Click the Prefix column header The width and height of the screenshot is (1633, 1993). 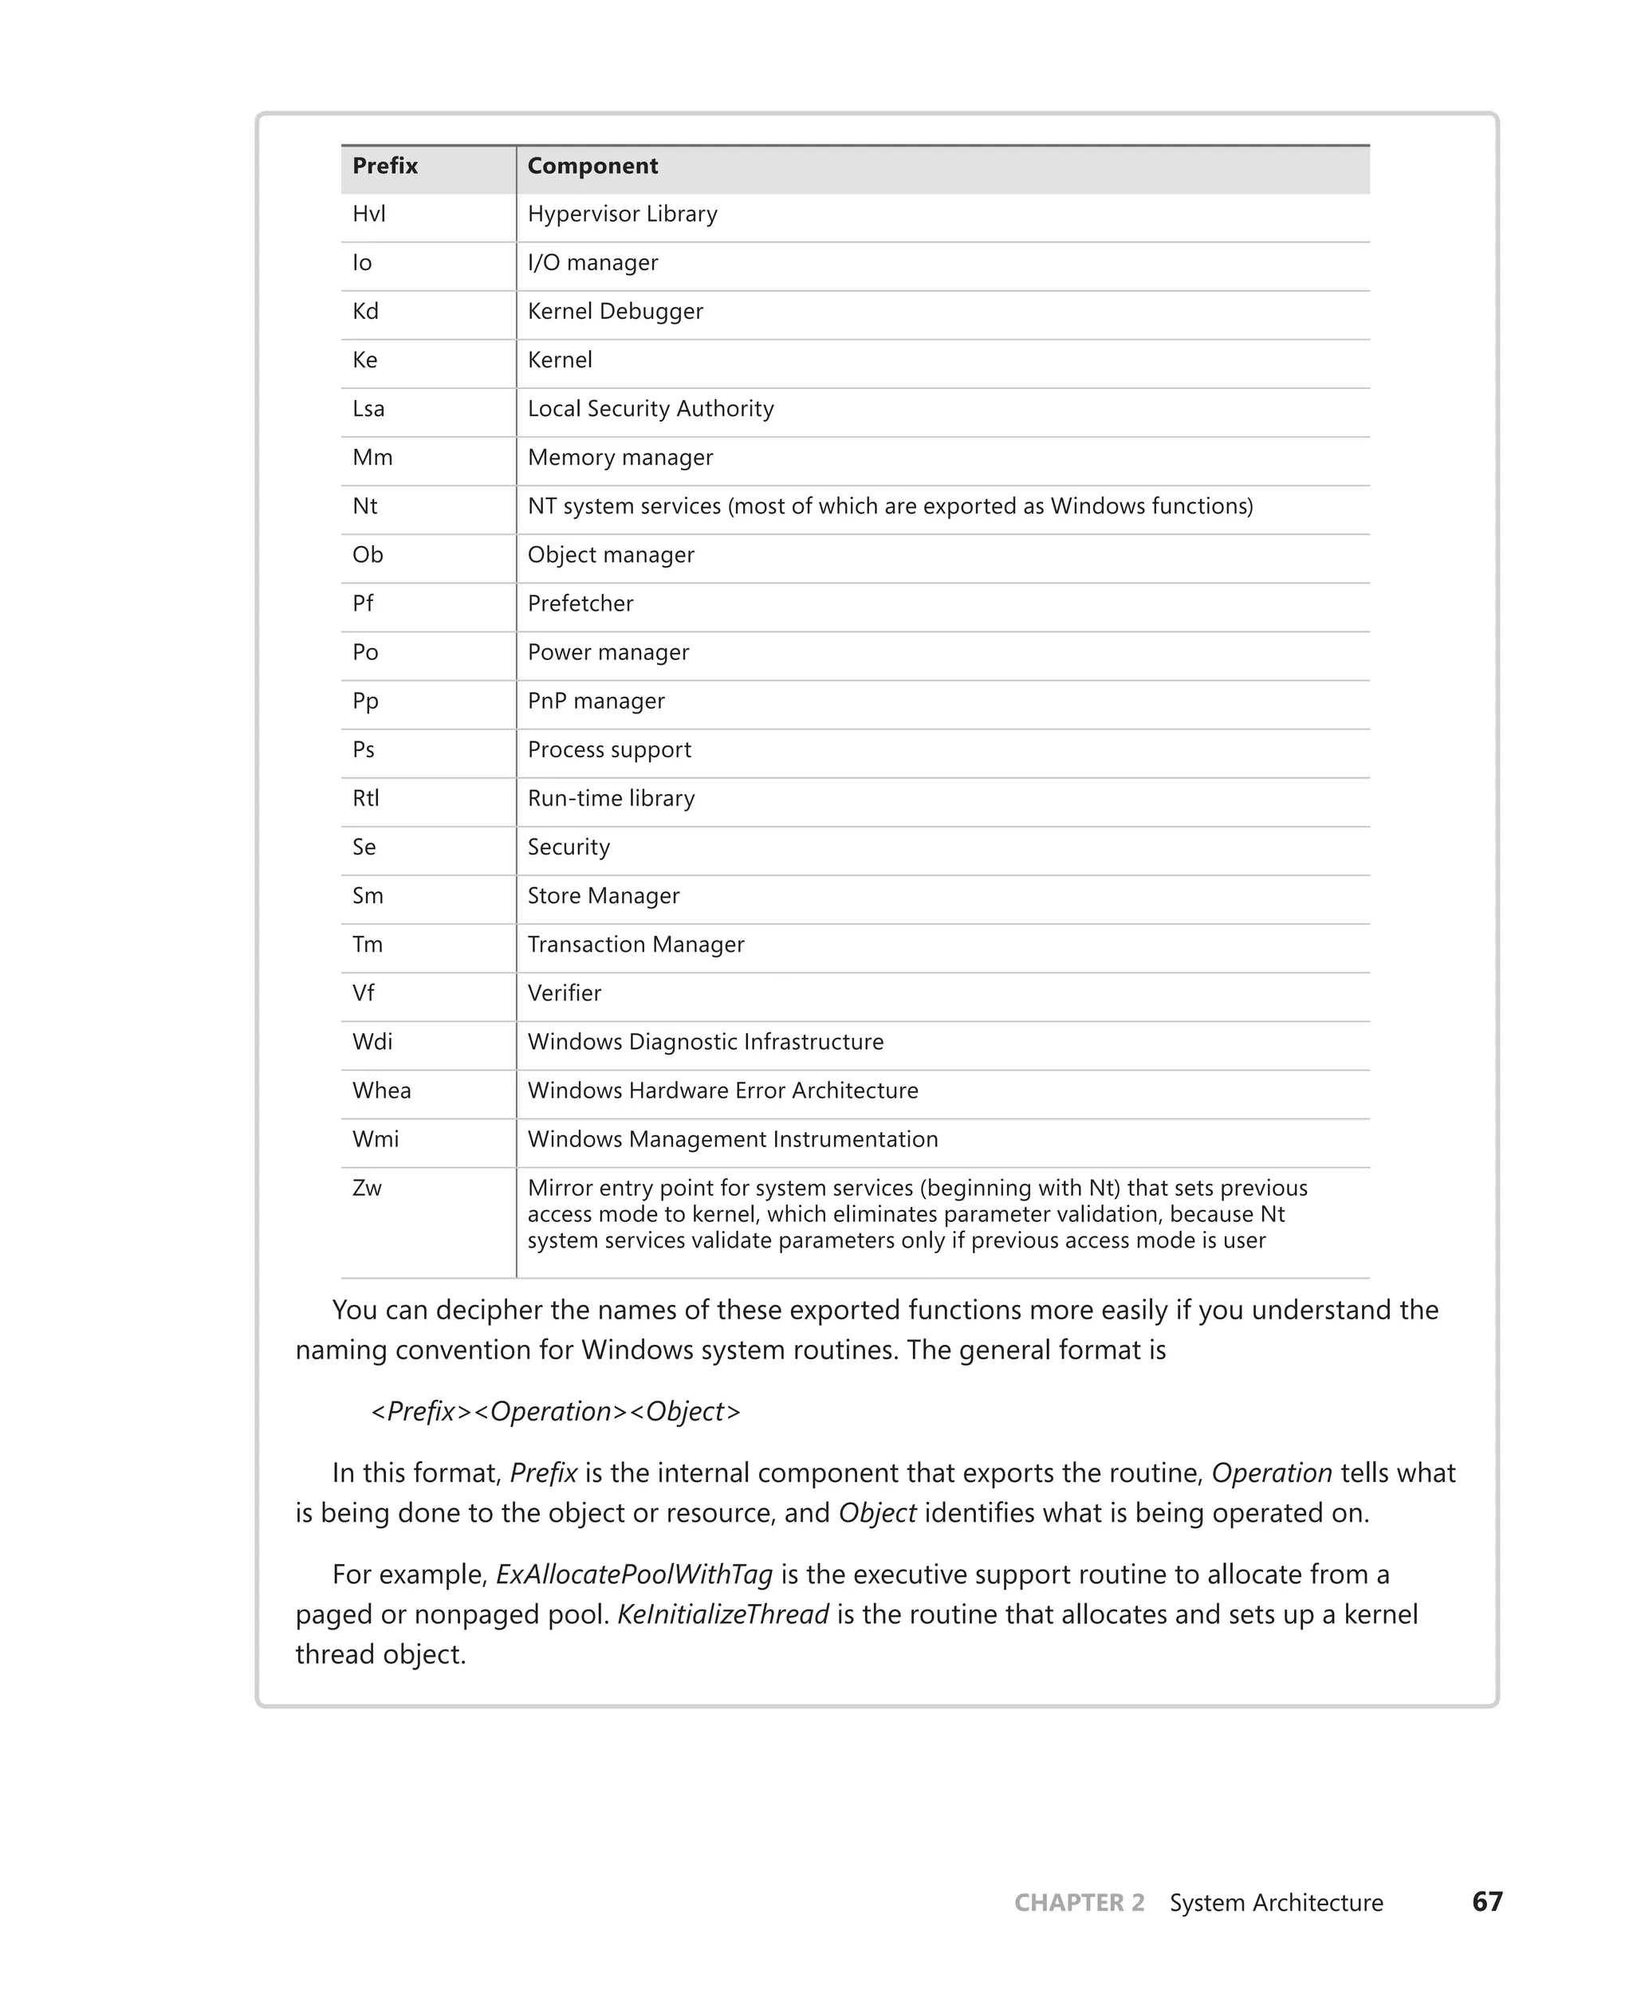(x=385, y=167)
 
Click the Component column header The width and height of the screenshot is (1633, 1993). (x=592, y=167)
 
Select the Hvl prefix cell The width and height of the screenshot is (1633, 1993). (x=368, y=214)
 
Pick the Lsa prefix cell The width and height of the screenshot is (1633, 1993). (x=368, y=409)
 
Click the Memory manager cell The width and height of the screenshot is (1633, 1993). (x=620, y=458)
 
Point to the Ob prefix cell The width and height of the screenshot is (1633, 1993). (x=368, y=555)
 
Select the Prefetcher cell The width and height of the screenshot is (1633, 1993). (x=580, y=603)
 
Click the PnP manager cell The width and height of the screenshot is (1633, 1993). (x=596, y=702)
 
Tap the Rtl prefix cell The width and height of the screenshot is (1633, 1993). (x=366, y=799)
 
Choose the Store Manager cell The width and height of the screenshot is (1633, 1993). (x=603, y=896)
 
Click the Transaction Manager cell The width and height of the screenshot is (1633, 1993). (x=635, y=945)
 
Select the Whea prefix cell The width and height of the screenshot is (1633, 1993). (x=381, y=1091)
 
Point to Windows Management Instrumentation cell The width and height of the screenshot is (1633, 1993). (x=732, y=1140)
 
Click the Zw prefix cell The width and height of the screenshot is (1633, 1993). (x=367, y=1189)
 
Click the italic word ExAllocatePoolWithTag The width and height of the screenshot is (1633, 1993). (x=634, y=1574)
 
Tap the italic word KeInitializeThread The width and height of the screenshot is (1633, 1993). (x=722, y=1615)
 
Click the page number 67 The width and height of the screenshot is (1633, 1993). (x=1487, y=1902)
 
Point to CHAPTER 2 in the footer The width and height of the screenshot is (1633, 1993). (x=1079, y=1903)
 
